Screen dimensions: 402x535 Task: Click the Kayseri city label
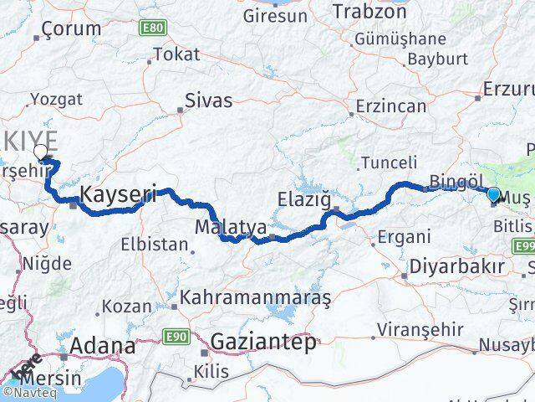coord(118,195)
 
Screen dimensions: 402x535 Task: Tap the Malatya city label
coord(219,227)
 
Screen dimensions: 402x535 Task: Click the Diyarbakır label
coord(457,267)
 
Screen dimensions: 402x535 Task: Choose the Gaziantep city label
coord(263,342)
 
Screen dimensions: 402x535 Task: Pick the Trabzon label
coord(369,12)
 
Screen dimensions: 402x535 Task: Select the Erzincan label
coord(390,106)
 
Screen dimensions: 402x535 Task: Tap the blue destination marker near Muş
coord(493,195)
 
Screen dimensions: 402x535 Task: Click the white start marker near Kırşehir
coord(40,152)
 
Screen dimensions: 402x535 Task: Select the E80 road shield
coord(152,28)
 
